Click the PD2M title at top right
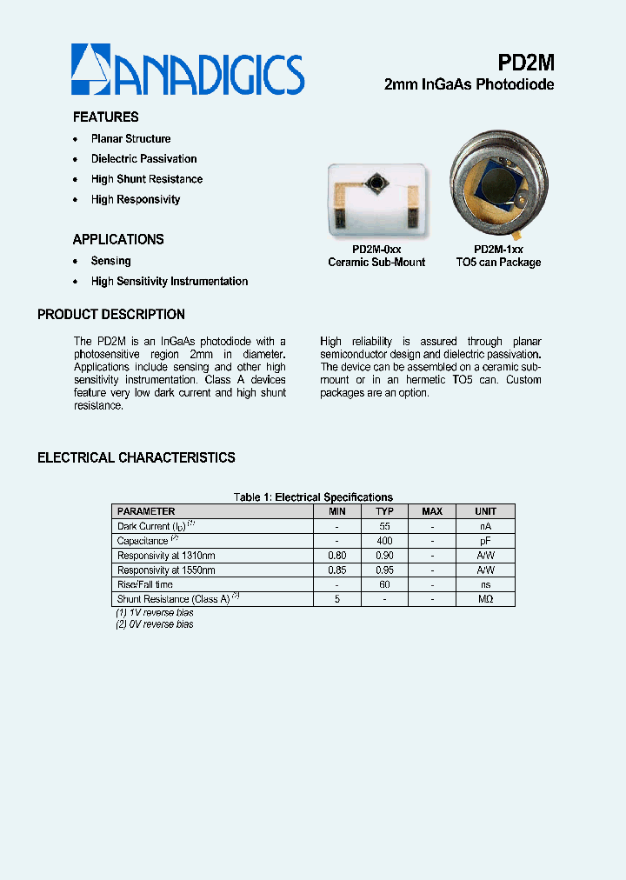coord(526,63)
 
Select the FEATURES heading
coord(106,117)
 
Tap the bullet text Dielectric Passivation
coord(144,159)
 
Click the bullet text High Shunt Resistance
coord(147,179)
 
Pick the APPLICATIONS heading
coord(118,240)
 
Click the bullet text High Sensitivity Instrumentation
coord(170,282)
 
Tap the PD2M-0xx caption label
coord(376,250)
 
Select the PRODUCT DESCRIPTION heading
coord(111,315)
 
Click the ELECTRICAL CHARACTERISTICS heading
coord(137,458)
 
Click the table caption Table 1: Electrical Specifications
coord(313,497)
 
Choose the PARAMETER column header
coord(146,511)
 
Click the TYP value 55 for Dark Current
coord(384,526)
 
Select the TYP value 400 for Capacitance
coord(384,541)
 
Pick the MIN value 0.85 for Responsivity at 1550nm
coord(337,570)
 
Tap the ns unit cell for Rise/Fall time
coord(485,585)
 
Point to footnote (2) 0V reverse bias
coord(155,624)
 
